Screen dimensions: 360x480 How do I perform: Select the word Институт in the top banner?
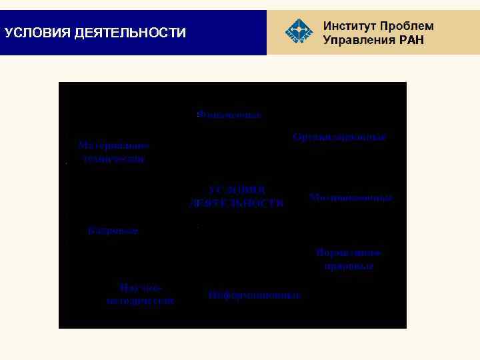pyautogui.click(x=350, y=26)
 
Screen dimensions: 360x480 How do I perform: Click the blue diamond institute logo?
pyautogui.click(x=298, y=31)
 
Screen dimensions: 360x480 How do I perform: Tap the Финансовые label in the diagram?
pyautogui.click(x=229, y=115)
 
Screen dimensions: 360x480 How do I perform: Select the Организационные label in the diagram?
pyautogui.click(x=339, y=137)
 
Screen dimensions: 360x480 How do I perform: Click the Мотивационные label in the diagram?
pyautogui.click(x=351, y=198)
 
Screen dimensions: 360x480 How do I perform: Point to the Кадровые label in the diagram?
pyautogui.click(x=113, y=231)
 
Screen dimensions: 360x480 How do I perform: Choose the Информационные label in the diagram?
pyautogui.click(x=255, y=295)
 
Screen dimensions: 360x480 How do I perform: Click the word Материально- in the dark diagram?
pyautogui.click(x=113, y=145)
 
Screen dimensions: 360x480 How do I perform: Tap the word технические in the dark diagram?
pyautogui.click(x=113, y=159)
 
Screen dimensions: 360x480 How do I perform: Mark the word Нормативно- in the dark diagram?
pyautogui.click(x=349, y=253)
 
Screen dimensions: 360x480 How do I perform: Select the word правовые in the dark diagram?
pyautogui.click(x=349, y=266)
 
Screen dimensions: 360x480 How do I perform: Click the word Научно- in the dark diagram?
pyautogui.click(x=140, y=287)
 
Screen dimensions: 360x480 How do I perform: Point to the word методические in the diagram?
pyautogui.click(x=140, y=301)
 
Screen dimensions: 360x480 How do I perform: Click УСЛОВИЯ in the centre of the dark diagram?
pyautogui.click(x=237, y=189)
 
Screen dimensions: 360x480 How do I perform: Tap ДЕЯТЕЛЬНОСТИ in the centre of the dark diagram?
pyautogui.click(x=237, y=203)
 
